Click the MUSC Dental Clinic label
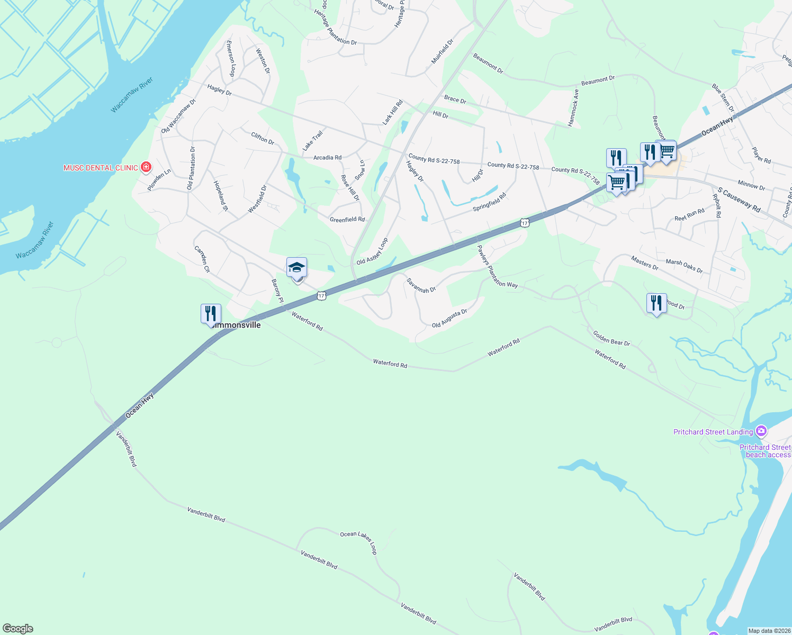tap(101, 168)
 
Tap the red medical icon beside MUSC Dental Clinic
tap(146, 167)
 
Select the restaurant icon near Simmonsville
tap(211, 314)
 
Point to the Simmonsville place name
tap(237, 325)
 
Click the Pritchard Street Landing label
tap(713, 432)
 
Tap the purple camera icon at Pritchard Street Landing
tap(761, 431)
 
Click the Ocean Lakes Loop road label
tap(358, 542)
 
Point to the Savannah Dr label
tap(421, 286)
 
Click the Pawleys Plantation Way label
tap(497, 266)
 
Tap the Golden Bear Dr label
tap(611, 339)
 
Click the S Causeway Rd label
tap(739, 200)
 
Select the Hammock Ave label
tap(573, 107)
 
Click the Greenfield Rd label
tap(347, 220)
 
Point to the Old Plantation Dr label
tap(191, 168)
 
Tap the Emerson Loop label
tap(231, 59)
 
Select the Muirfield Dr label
tap(442, 51)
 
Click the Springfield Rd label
tap(489, 202)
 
